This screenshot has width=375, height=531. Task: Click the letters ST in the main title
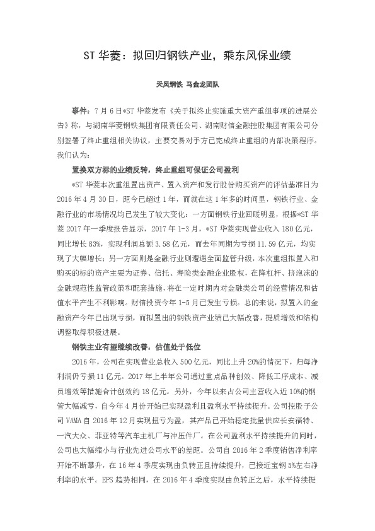pos(90,55)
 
